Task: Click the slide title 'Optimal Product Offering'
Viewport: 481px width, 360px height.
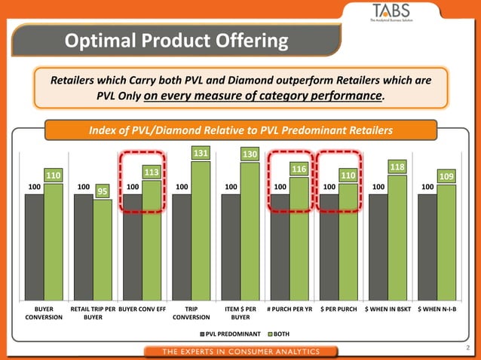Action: (x=176, y=40)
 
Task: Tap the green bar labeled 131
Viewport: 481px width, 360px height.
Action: (x=201, y=230)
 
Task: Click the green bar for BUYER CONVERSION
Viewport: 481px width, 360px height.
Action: (x=54, y=241)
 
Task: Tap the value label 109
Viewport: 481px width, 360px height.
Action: (x=446, y=175)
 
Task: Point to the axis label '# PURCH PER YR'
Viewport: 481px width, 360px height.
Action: (x=290, y=310)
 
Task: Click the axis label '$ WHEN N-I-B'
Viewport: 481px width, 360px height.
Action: (x=437, y=310)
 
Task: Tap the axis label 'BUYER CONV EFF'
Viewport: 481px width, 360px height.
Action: (x=142, y=310)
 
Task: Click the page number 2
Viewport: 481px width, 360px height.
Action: (x=468, y=348)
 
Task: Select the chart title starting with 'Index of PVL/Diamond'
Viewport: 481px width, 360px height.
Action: (x=240, y=130)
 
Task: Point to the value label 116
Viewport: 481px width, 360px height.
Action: (x=299, y=169)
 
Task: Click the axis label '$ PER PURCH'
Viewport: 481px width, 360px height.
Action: (x=339, y=310)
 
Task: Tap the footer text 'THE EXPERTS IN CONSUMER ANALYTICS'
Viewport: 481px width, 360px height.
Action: (x=241, y=351)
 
